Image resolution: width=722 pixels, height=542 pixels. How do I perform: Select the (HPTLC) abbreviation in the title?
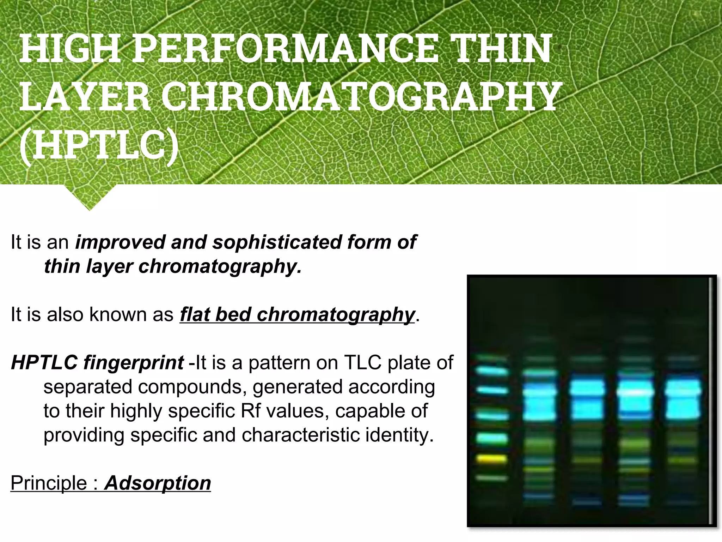(x=99, y=145)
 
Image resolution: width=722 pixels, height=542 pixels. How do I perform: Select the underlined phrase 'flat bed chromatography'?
(x=297, y=314)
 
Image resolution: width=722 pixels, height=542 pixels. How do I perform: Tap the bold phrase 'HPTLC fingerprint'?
(x=97, y=363)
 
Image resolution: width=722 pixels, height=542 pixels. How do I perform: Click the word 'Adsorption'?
(x=158, y=483)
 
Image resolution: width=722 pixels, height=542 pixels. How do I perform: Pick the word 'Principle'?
(x=49, y=483)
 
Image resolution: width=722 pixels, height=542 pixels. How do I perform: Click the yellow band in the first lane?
(x=491, y=459)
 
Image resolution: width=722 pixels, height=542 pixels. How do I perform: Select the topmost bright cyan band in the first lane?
(x=491, y=371)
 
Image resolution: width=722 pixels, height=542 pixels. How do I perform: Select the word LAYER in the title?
(x=85, y=96)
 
